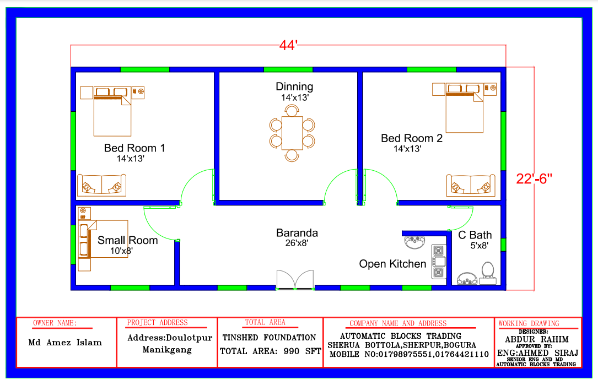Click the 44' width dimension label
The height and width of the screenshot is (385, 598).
point(288,45)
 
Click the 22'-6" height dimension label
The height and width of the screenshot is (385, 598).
point(534,178)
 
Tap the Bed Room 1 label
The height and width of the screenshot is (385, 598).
point(134,148)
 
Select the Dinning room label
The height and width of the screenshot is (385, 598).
point(294,87)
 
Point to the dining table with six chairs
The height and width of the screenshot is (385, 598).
point(292,133)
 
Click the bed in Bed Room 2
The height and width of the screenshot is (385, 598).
point(464,108)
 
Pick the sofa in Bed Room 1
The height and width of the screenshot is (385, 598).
point(101,185)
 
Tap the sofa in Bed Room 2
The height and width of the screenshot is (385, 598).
point(471,186)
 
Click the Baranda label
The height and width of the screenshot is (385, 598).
point(297,233)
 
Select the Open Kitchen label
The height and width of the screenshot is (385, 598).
point(392,264)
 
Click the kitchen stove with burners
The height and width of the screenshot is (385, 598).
point(439,262)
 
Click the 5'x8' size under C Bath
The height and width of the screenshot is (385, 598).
point(479,246)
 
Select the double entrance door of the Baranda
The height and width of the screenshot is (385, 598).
point(295,280)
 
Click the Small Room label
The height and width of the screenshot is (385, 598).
point(127,240)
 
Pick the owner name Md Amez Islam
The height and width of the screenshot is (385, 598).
point(65,342)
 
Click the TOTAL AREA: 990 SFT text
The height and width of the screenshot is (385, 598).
point(271,351)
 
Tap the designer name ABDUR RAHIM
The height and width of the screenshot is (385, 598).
point(537,339)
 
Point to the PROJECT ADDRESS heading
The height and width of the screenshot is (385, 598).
point(157,322)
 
